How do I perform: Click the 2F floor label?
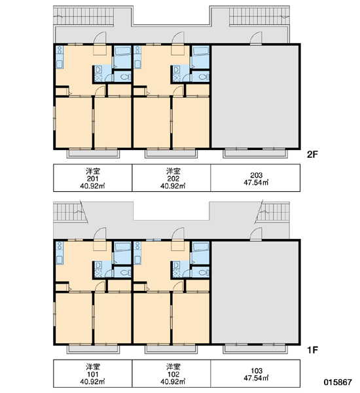click(312, 155)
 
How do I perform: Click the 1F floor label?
click(312, 350)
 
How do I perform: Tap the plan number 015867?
click(338, 382)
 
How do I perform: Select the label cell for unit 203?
click(255, 178)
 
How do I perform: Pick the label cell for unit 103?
click(255, 373)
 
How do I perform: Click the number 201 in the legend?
click(92, 179)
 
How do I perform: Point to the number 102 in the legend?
click(173, 374)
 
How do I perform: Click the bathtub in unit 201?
click(122, 51)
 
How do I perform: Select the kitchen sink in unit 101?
click(60, 259)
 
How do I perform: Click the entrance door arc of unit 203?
click(256, 38)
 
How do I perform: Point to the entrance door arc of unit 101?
click(99, 234)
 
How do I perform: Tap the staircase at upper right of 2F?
click(259, 16)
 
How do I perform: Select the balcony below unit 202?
click(171, 153)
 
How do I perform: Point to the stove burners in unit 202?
click(137, 50)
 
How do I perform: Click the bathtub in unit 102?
click(201, 247)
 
